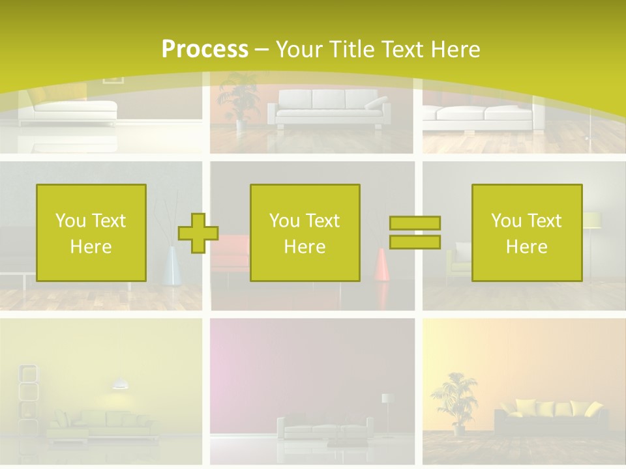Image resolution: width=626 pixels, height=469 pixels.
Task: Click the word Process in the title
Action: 205,50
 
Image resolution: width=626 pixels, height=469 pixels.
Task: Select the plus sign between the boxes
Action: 198,233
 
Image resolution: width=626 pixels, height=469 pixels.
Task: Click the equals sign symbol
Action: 415,233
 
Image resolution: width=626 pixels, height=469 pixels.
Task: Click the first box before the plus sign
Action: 91,233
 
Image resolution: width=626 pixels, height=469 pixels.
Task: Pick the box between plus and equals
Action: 305,233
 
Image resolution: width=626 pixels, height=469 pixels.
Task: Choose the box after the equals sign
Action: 526,233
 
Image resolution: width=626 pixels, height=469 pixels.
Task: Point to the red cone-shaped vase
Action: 382,264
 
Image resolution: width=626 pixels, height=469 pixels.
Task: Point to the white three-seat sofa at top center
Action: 329,108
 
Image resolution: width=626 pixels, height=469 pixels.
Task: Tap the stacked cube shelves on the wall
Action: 27,391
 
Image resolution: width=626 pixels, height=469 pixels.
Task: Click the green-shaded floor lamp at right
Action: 591,221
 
